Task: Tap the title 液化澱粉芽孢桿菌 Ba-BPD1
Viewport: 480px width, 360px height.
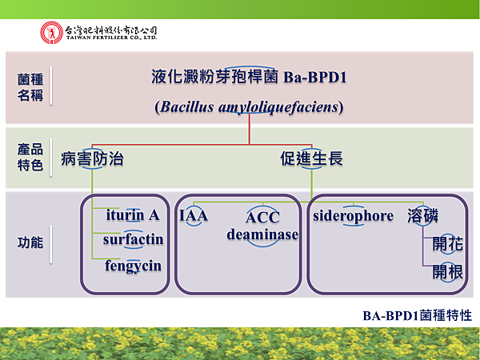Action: [x=249, y=78]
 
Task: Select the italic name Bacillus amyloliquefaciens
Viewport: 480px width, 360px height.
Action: [x=249, y=106]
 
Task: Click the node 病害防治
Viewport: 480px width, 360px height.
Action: [x=93, y=158]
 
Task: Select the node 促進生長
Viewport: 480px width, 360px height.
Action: [x=311, y=158]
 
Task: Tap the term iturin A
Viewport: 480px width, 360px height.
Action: [x=133, y=215]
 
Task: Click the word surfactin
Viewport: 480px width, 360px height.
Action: [x=133, y=239]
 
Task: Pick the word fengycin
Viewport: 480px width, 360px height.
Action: [x=133, y=266]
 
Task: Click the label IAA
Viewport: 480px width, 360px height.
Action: [x=193, y=216]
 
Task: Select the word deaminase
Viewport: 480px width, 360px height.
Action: [x=262, y=234]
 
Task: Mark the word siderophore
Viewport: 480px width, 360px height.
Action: [x=353, y=216]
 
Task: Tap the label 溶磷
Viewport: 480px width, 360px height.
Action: [x=422, y=216]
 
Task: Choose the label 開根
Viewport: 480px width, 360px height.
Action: [x=447, y=271]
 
